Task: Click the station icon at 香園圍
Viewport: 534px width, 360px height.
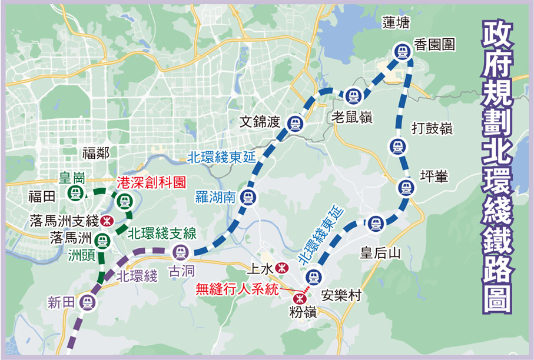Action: tap(403, 52)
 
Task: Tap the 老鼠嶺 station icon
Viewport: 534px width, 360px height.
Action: tap(353, 94)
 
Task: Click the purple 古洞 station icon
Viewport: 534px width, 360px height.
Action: tap(181, 253)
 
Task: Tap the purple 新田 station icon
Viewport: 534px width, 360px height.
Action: tap(89, 302)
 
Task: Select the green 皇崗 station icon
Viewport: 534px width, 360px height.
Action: tap(75, 192)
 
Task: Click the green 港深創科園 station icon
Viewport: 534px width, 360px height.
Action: tap(124, 201)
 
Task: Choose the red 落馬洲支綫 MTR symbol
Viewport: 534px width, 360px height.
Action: tap(107, 221)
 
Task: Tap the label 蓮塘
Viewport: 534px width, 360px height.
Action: tap(395, 23)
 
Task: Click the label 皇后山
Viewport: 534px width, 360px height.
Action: tap(380, 253)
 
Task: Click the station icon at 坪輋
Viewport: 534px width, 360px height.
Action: tap(404, 188)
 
